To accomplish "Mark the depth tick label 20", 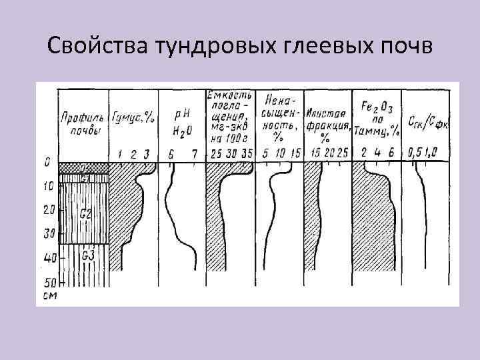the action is [x=47, y=211].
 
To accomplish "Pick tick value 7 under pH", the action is [x=194, y=154].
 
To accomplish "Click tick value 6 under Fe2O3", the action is [x=391, y=154].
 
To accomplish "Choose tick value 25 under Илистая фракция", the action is [x=342, y=154].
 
